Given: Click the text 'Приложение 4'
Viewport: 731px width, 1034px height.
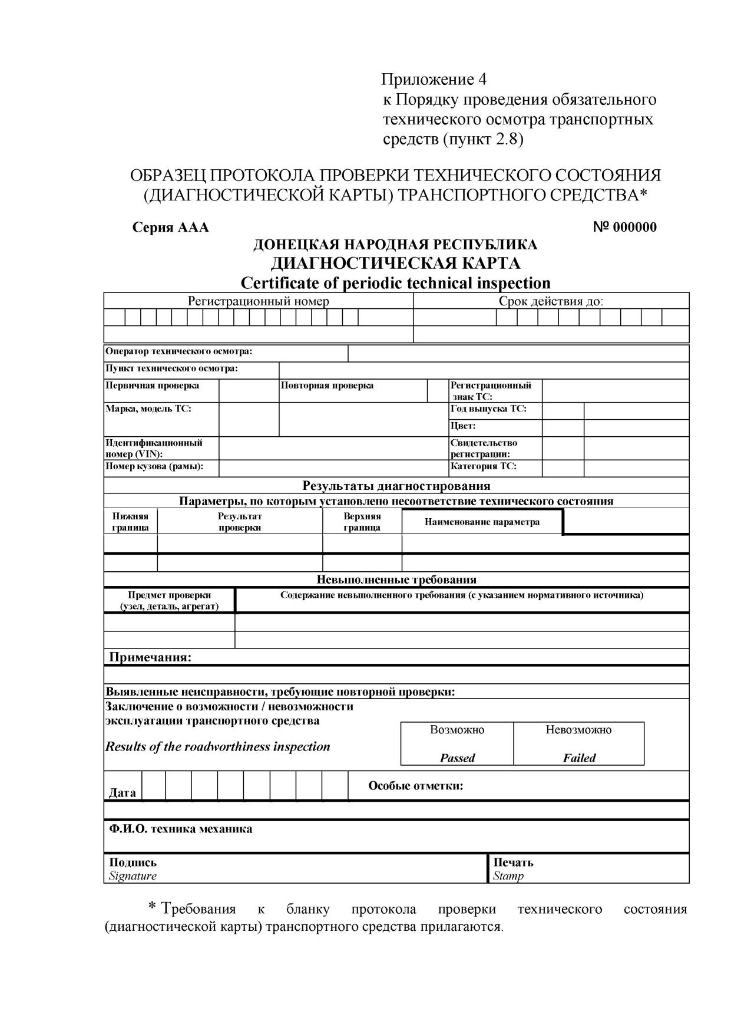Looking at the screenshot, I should click(434, 79).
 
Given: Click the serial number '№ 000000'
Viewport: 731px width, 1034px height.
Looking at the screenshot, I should click(624, 228).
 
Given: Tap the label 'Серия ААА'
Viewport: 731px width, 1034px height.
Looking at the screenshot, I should click(170, 228).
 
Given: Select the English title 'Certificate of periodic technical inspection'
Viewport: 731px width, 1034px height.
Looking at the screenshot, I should click(395, 283).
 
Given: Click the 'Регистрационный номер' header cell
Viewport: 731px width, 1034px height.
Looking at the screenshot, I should click(258, 301).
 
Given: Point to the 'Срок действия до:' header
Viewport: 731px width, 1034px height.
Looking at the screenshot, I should click(551, 301).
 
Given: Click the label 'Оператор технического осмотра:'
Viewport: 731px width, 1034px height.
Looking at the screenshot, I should click(178, 351).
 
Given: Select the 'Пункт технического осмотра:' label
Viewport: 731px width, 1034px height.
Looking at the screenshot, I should click(171, 368).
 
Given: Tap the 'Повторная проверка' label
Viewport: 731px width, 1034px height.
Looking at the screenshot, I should click(327, 386).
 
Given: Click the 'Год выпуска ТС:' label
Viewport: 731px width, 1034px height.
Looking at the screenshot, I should click(488, 409).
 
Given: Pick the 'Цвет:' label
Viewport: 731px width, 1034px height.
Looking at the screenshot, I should click(463, 426).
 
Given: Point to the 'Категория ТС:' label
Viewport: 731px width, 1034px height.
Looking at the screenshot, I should click(483, 466).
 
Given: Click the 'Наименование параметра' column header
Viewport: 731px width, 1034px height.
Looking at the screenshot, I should click(482, 522).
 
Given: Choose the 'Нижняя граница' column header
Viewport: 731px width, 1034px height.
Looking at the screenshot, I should click(130, 522).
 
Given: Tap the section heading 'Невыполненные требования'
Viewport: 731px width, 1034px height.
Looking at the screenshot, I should click(396, 579).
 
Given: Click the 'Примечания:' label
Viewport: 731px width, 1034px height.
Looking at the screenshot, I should click(150, 657).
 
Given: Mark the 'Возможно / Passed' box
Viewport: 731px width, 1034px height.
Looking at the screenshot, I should click(457, 743).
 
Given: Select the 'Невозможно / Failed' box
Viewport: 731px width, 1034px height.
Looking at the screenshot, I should click(578, 743).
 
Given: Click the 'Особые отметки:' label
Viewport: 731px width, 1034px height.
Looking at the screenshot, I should click(415, 786).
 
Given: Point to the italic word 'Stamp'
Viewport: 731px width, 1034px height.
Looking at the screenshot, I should click(508, 876).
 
